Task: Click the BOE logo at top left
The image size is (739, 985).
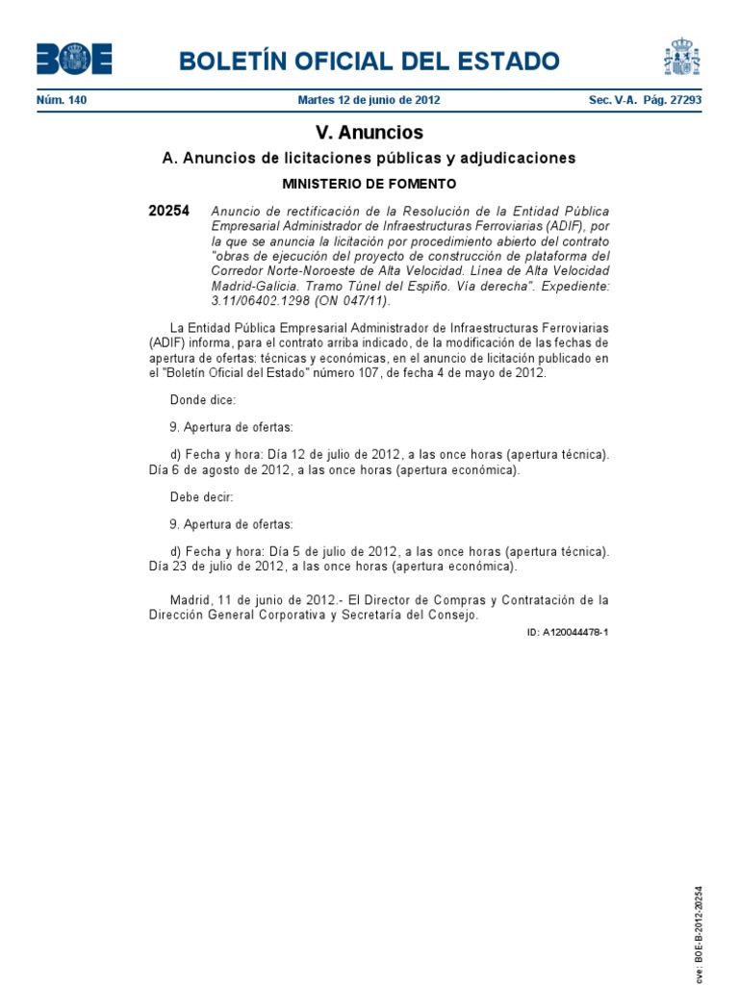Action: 74,60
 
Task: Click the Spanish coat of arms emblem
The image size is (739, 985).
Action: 681,58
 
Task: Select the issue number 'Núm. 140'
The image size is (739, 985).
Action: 62,100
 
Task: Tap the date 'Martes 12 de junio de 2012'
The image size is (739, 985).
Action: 369,100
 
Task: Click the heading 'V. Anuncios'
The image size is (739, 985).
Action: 369,133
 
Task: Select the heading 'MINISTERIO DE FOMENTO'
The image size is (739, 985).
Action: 369,183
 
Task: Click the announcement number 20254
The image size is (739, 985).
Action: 169,211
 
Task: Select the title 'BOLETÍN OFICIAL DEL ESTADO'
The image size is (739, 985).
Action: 369,62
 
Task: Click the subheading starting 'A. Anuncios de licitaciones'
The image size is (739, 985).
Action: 369,158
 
